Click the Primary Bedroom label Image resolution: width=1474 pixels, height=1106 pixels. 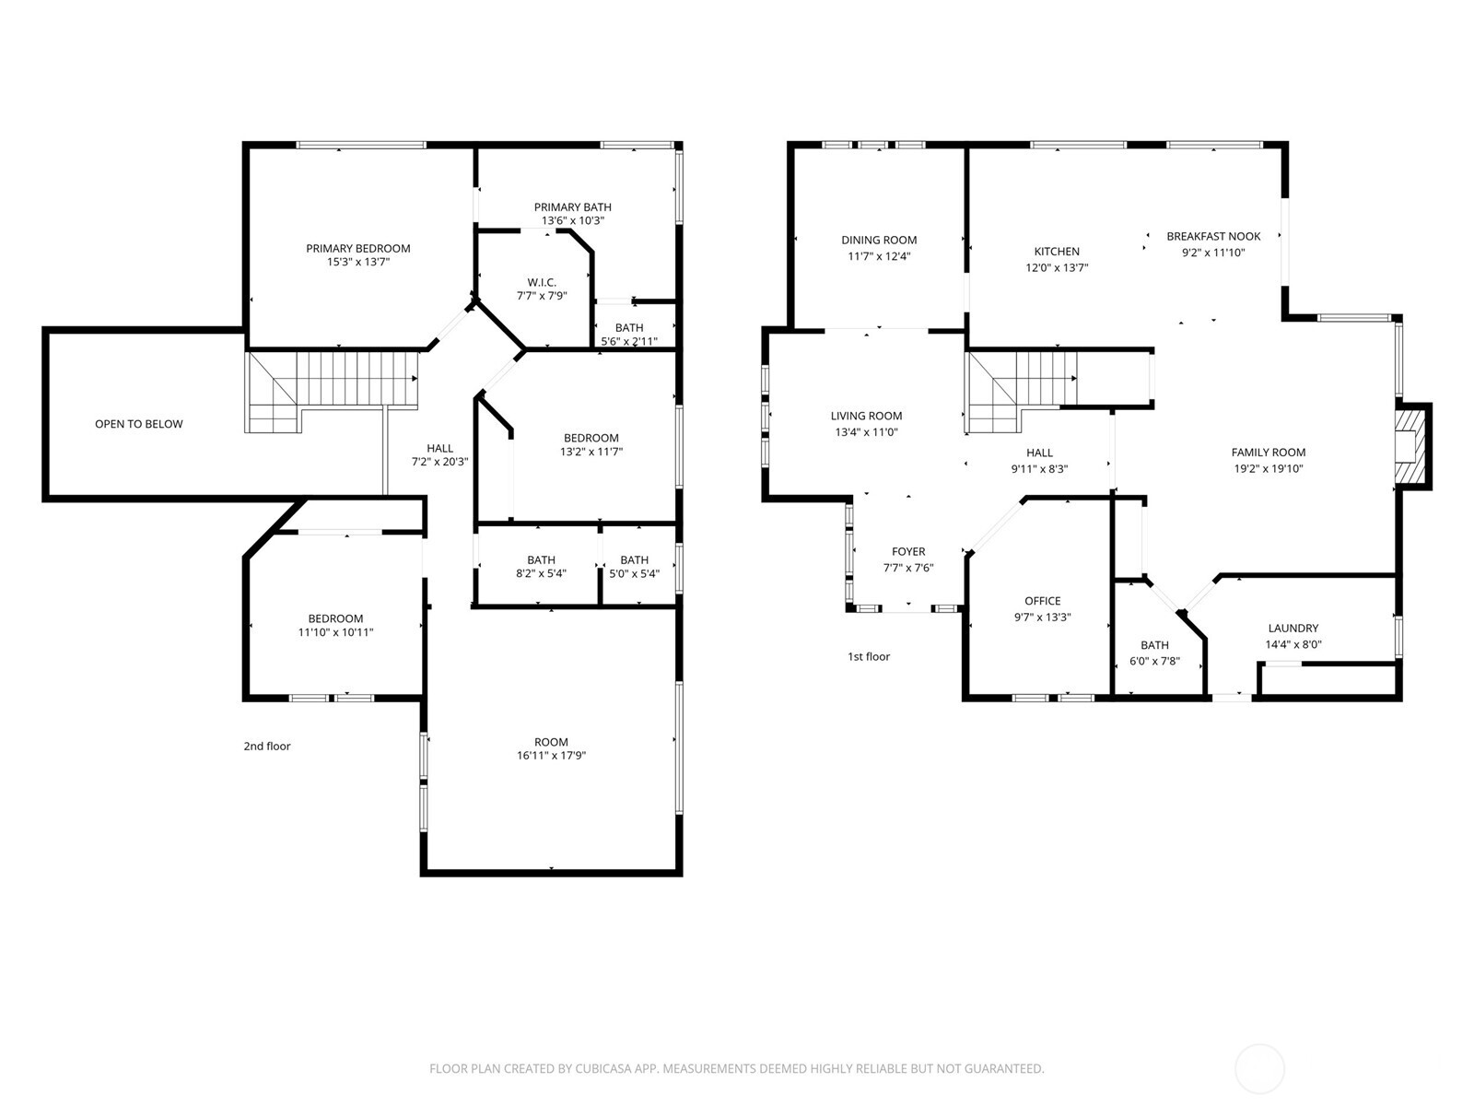(x=357, y=248)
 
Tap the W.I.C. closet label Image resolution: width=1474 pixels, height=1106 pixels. (x=542, y=282)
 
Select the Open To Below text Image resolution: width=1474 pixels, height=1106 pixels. (x=138, y=424)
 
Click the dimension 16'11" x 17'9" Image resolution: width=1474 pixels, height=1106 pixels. (x=551, y=756)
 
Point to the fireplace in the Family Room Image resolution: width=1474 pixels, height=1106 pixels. (x=1409, y=446)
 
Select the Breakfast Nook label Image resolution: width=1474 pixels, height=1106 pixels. (x=1213, y=236)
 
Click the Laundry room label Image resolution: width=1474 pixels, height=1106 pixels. (x=1293, y=629)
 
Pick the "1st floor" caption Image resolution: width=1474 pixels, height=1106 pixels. (x=869, y=657)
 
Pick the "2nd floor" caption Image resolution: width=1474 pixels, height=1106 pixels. (x=266, y=747)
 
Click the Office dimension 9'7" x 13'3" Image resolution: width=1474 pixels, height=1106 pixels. (x=1042, y=618)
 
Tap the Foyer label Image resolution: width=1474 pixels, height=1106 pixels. (x=908, y=552)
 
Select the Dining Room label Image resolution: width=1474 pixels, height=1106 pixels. (x=879, y=241)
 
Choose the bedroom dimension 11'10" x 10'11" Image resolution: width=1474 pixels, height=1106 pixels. (x=335, y=632)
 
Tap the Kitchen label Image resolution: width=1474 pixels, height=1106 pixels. (x=1057, y=252)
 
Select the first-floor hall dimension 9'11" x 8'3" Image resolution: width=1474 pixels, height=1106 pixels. (x=1039, y=468)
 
